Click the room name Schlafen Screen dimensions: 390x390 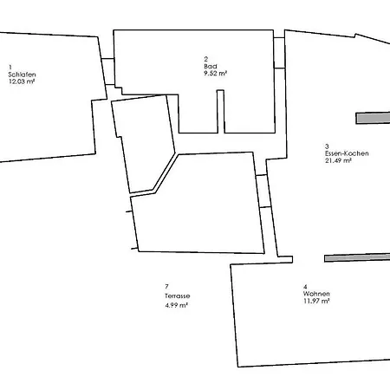[x=22, y=75]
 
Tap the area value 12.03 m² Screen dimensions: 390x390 [x=22, y=81]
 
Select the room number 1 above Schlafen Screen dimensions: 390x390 [x=10, y=68]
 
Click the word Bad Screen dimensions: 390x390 [x=211, y=66]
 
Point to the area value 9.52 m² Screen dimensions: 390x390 [x=216, y=73]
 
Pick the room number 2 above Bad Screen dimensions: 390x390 [x=206, y=59]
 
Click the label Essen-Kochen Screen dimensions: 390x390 [x=347, y=153]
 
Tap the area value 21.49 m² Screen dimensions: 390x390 [x=338, y=160]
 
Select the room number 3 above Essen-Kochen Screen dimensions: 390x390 [x=327, y=146]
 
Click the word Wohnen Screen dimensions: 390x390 [x=316, y=294]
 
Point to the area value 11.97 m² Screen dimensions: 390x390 [x=316, y=301]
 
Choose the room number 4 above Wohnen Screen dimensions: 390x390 [x=305, y=287]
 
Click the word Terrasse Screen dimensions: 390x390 [x=178, y=296]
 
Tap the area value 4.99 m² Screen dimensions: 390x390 [x=177, y=305]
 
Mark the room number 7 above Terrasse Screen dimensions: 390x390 [x=166, y=287]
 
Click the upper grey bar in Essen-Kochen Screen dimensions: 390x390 [x=373, y=118]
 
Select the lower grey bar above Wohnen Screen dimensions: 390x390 [x=357, y=257]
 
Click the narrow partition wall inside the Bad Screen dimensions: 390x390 [x=221, y=112]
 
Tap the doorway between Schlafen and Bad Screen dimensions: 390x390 [x=108, y=72]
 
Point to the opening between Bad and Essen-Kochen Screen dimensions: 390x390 [x=280, y=53]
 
